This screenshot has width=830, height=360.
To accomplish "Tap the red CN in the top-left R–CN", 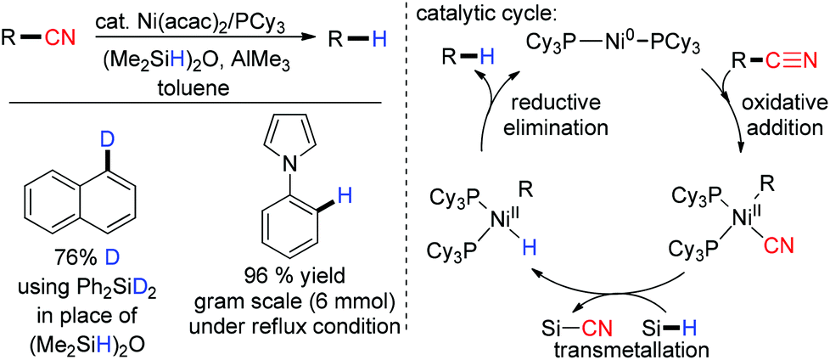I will point(49,38).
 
